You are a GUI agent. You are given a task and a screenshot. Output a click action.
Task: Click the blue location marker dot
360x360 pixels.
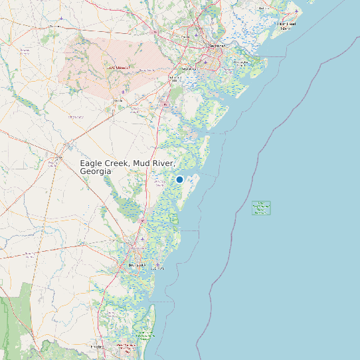coord(179,179)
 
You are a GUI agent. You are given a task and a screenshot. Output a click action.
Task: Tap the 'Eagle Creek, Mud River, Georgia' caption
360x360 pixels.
coord(128,167)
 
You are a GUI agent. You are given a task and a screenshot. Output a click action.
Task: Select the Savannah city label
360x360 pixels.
coord(217,46)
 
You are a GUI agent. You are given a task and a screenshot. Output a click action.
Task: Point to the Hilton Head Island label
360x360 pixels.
coord(287,26)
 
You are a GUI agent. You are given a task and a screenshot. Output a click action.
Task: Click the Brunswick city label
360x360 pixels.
coord(135,265)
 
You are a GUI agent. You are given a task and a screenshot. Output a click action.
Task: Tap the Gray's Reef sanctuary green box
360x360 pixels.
coord(261,208)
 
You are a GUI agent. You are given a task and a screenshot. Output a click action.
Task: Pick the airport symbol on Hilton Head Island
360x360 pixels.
coord(293,15)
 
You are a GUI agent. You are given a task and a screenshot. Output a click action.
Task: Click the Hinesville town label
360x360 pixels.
coord(119,100)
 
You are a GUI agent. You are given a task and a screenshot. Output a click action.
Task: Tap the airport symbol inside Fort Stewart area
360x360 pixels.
coord(125,92)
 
